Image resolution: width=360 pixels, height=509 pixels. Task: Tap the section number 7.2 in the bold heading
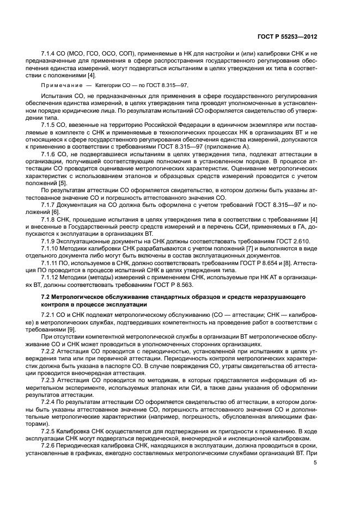[x=46, y=297]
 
